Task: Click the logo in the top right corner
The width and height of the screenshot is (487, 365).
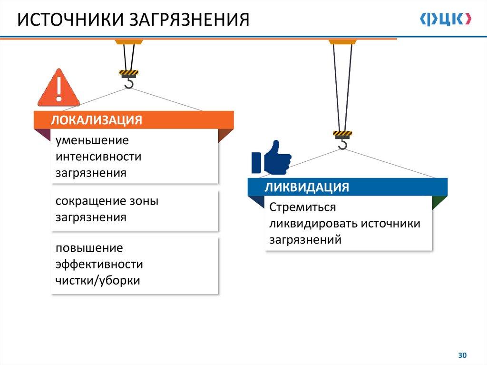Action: pyautogui.click(x=446, y=19)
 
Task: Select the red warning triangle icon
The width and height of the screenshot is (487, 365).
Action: pyautogui.click(x=58, y=89)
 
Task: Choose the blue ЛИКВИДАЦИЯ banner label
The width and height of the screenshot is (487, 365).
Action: pyautogui.click(x=307, y=187)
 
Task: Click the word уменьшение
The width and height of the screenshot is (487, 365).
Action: pyautogui.click(x=92, y=141)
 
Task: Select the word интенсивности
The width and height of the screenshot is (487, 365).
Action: pyautogui.click(x=98, y=157)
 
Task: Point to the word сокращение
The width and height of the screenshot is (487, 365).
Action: pyautogui.click(x=89, y=201)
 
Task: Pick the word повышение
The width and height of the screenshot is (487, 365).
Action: pyautogui.click(x=89, y=248)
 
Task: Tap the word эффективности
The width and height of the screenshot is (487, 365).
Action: pyautogui.click(x=99, y=264)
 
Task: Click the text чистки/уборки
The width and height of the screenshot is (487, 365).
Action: pyautogui.click(x=98, y=280)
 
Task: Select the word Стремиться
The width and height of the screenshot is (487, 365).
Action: pyautogui.click(x=302, y=208)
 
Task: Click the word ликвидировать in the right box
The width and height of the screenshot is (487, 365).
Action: pyautogui.click(x=313, y=224)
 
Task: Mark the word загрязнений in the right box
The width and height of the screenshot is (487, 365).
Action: pyautogui.click(x=305, y=240)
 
